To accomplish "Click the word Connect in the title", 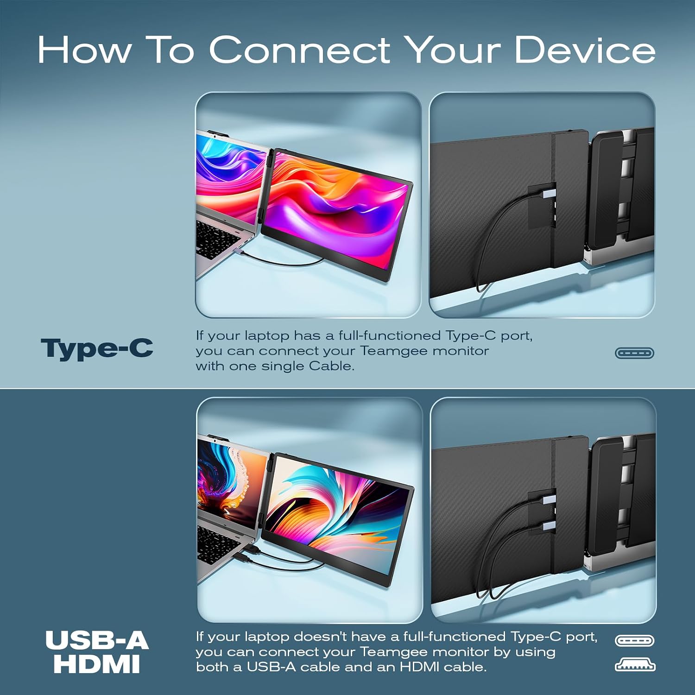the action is (x=300, y=50).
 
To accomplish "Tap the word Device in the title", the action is (x=585, y=50).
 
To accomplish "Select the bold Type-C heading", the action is (x=97, y=348).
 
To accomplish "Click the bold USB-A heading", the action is (x=97, y=640).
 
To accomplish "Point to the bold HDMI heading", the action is (x=97, y=663).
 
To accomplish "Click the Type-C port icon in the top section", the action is (x=634, y=353).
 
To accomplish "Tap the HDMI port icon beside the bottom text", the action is (x=635, y=665).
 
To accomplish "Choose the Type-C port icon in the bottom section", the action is (x=634, y=641).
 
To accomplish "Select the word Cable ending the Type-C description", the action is (x=331, y=366).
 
